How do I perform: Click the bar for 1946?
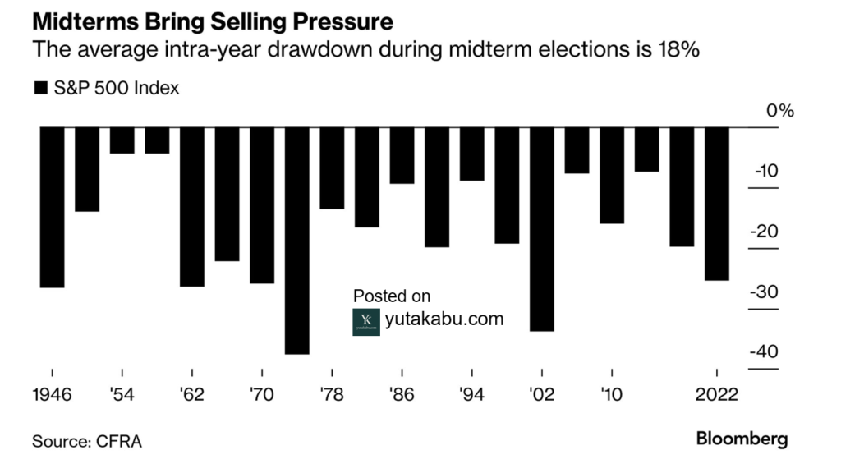(52, 207)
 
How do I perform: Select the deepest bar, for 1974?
(297, 241)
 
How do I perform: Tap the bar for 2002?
(542, 229)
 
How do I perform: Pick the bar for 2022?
(717, 204)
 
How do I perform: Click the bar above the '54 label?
(122, 140)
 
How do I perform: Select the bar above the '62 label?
(192, 207)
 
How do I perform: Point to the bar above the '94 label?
(471, 154)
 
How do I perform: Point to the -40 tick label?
(764, 351)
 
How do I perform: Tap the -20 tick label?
(764, 232)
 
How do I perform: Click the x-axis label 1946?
(52, 393)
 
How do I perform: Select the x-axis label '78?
(332, 393)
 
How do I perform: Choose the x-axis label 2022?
(717, 393)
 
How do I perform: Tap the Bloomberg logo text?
(742, 439)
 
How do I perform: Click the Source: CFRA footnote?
(86, 442)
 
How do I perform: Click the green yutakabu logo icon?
(366, 321)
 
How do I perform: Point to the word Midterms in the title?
(79, 18)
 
